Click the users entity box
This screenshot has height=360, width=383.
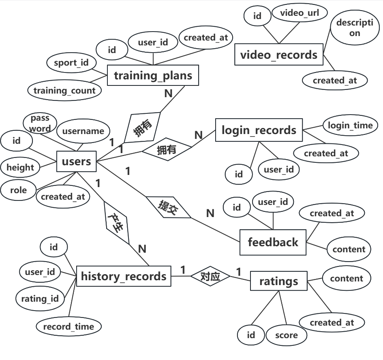(76, 162)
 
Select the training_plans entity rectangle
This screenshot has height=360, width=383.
(153, 75)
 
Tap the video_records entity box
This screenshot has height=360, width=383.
(279, 55)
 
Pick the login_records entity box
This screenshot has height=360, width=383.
(259, 130)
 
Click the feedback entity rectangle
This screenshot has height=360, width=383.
(273, 242)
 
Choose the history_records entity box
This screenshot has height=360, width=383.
(124, 276)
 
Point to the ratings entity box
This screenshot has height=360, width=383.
(278, 281)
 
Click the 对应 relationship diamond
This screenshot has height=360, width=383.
(210, 277)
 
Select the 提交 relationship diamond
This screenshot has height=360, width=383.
(168, 207)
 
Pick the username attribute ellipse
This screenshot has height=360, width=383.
(83, 131)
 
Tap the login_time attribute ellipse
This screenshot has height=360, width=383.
(350, 126)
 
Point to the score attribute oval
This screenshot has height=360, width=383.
(287, 335)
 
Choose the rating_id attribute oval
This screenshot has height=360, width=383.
(40, 299)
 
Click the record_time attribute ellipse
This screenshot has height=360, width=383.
(68, 326)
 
